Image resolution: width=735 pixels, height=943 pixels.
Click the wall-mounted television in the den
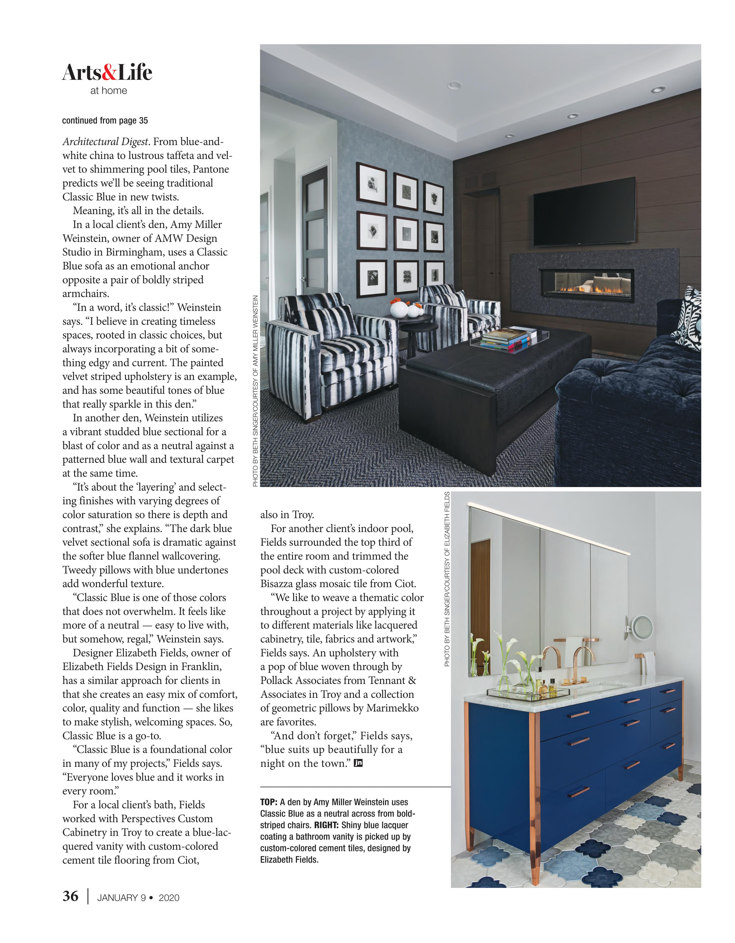coord(584,212)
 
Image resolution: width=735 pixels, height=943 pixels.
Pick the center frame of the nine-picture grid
coord(405,234)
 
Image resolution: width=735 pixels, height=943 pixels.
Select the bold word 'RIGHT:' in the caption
coord(326,825)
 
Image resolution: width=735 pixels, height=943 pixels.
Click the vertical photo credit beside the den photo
coord(255,391)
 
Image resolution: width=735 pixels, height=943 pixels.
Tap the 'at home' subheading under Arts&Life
coord(109,91)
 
